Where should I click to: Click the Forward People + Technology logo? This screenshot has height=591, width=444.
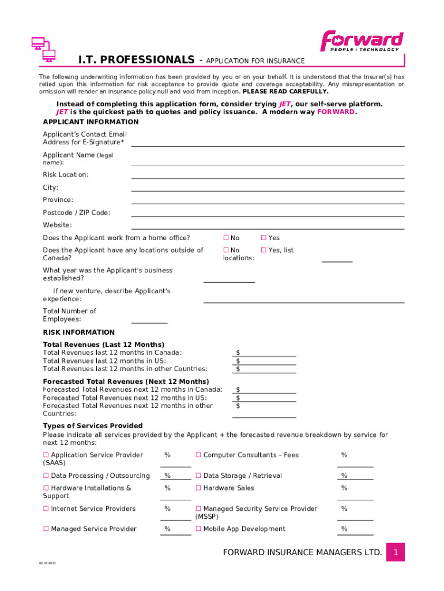pyautogui.click(x=362, y=41)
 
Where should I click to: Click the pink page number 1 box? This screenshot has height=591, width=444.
pyautogui.click(x=396, y=552)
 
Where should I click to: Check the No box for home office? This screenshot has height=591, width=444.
pyautogui.click(x=226, y=238)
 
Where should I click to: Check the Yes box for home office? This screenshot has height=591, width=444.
pyautogui.click(x=264, y=238)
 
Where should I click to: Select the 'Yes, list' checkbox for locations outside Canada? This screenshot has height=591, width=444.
pyautogui.click(x=264, y=250)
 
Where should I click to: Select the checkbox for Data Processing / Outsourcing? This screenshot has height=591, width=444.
pyautogui.click(x=46, y=476)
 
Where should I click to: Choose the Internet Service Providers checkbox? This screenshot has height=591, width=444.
pyautogui.click(x=46, y=509)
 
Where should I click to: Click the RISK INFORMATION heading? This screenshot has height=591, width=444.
pyautogui.click(x=79, y=332)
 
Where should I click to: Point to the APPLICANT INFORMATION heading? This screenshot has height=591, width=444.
pyautogui.click(x=91, y=122)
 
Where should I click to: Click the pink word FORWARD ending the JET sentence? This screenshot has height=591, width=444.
pyautogui.click(x=336, y=112)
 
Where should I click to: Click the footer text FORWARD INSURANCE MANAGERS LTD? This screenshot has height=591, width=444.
pyautogui.click(x=302, y=552)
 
